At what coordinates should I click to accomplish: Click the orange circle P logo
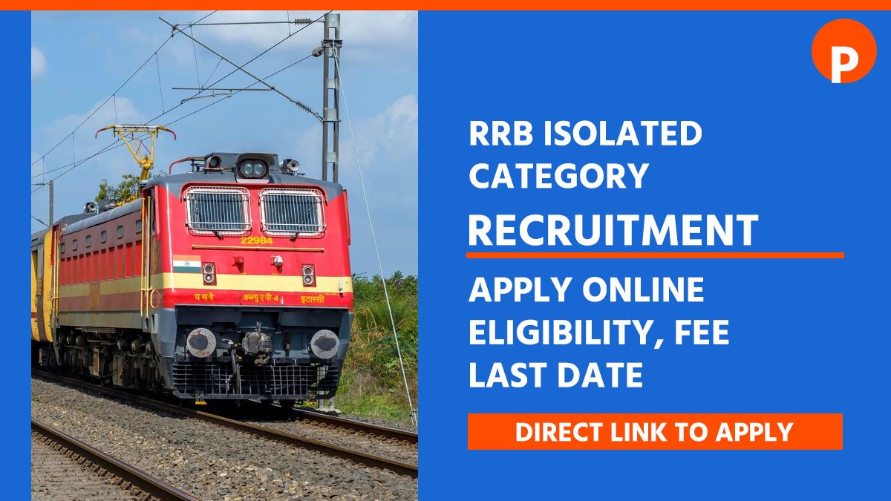(843, 50)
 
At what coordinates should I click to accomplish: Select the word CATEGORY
(558, 176)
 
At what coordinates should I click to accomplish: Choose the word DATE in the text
(597, 375)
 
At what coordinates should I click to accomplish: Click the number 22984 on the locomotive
(256, 240)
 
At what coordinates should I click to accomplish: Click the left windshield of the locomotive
(218, 210)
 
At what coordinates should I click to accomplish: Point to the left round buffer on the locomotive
(201, 342)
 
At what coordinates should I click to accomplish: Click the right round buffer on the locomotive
(324, 344)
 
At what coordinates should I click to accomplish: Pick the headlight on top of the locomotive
(253, 168)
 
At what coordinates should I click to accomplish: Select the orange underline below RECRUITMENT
(655, 255)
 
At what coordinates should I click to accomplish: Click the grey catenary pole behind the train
(331, 96)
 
